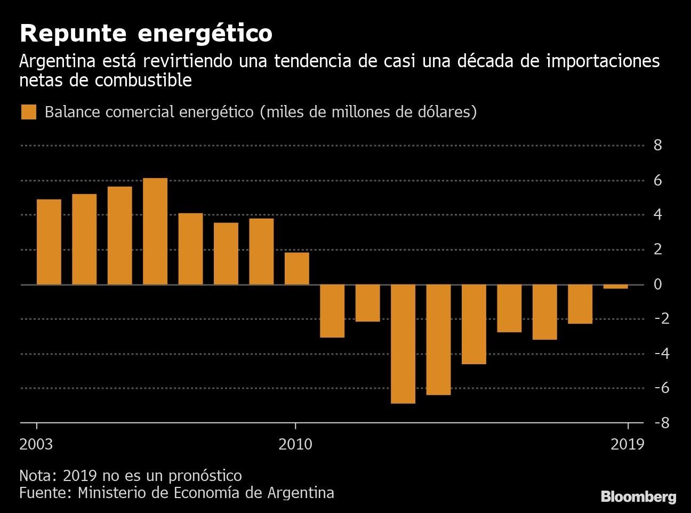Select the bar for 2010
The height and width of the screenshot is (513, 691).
pyautogui.click(x=296, y=268)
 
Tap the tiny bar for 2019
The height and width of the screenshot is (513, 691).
pyautogui.click(x=615, y=287)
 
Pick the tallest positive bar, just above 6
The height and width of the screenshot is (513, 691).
pyautogui.click(x=155, y=231)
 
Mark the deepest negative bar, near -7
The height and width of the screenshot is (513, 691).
pyautogui.click(x=403, y=344)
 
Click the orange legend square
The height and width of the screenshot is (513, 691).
pyautogui.click(x=28, y=113)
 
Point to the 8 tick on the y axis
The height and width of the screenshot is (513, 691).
pyautogui.click(x=657, y=145)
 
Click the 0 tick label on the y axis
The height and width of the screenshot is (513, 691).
pyautogui.click(x=657, y=284)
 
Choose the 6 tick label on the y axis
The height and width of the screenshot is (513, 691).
pyautogui.click(x=657, y=180)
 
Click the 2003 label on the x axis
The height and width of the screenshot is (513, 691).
pyautogui.click(x=36, y=444)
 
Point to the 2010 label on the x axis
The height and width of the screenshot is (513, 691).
pyautogui.click(x=295, y=444)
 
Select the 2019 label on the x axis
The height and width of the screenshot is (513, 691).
pyautogui.click(x=628, y=444)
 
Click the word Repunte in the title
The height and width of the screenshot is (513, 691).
pyautogui.click(x=73, y=34)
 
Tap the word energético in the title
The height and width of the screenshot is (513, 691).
pyautogui.click(x=205, y=34)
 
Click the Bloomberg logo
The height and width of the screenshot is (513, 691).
pyautogui.click(x=638, y=497)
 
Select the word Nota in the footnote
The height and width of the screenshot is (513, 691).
pyautogui.click(x=36, y=475)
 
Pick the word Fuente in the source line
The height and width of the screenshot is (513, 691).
pyautogui.click(x=43, y=492)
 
